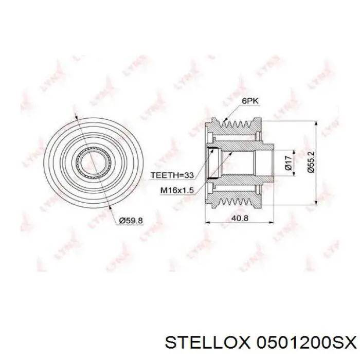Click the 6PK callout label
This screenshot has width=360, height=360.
pyautogui.click(x=249, y=101)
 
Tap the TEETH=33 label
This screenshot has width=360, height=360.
pyautogui.click(x=172, y=175)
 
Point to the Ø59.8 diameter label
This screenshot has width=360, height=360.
pyautogui.click(x=131, y=221)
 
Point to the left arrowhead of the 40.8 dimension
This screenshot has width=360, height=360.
pyautogui.click(x=208, y=223)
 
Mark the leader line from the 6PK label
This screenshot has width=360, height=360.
pyautogui.click(x=232, y=113)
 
